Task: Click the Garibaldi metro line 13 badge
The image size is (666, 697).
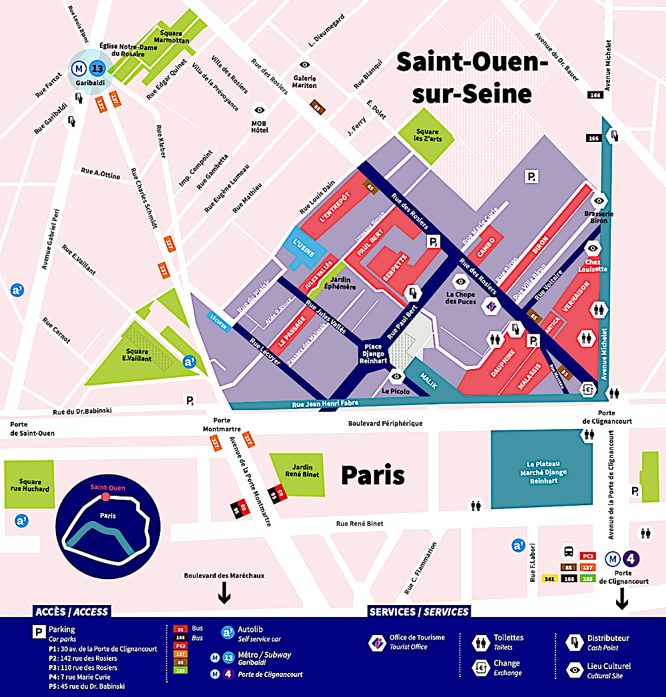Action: pos(97,67)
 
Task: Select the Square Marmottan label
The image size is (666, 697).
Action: pos(175,37)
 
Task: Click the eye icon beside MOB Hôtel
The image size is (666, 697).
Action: pos(259,110)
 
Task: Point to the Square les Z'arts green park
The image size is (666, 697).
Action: pos(427,136)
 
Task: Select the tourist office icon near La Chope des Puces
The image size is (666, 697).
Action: pos(490,307)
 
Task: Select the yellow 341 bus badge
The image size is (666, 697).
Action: pos(549,578)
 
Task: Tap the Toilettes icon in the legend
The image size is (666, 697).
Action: pos(481,642)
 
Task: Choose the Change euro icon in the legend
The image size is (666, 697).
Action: pos(481,668)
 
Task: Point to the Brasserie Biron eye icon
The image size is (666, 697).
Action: pos(599,200)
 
